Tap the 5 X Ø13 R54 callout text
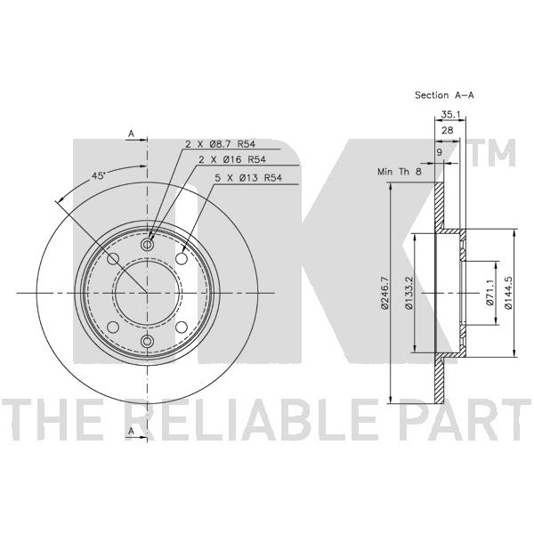coord(255,177)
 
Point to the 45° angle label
coord(99,176)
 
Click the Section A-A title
coord(444,94)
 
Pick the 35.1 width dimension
coord(449,114)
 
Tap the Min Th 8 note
coord(398,171)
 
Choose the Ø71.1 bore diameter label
coord(489,293)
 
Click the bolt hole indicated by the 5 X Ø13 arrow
coord(182,257)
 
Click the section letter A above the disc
coord(131,133)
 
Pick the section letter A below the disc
coord(131,431)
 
